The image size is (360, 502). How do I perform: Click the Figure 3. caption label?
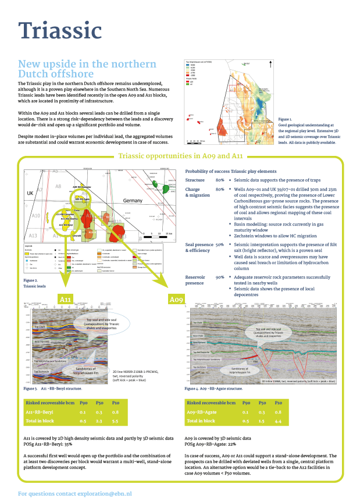pos(30,387)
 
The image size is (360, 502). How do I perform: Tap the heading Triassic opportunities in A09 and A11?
pos(180,156)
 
